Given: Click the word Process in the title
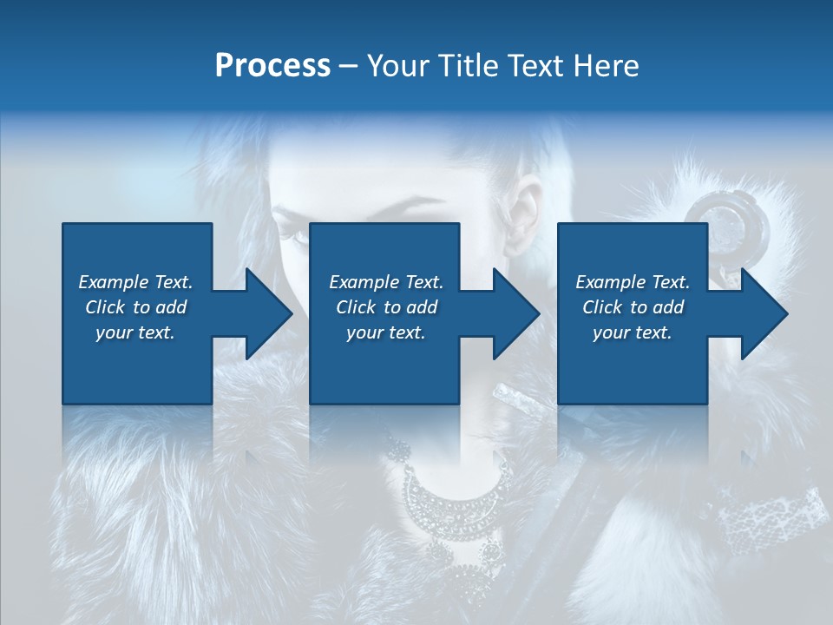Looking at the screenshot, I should pos(272,66).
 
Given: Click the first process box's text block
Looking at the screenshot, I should pos(135,307).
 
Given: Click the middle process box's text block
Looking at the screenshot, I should pos(386,307).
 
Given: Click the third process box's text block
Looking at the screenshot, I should pos(633,307).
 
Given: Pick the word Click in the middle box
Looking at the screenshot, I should pos(354,307).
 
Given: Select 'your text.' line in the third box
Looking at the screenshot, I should pos(633,332).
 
